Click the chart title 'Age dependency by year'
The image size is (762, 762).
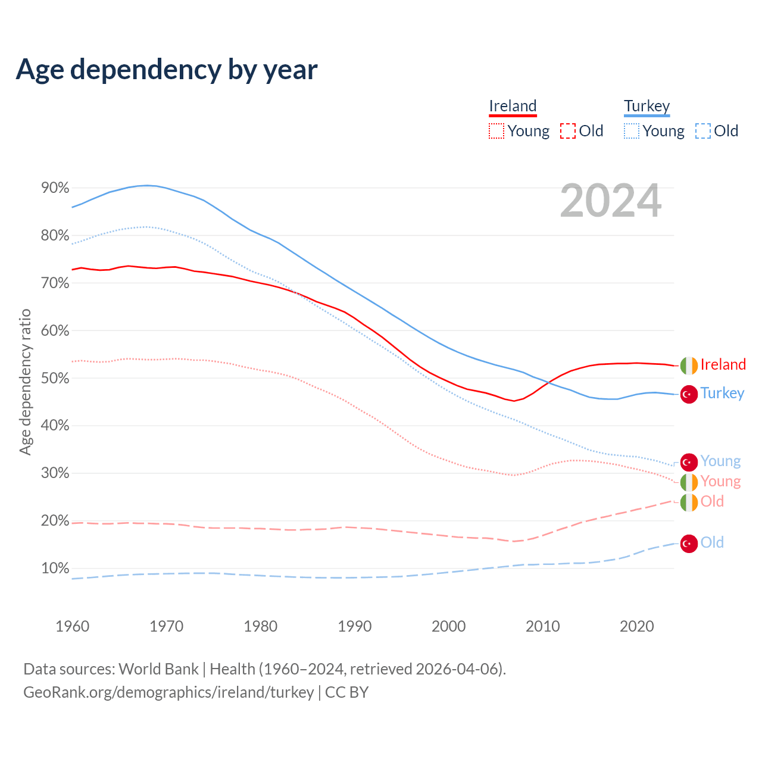[x=167, y=70]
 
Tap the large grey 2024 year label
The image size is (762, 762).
[x=611, y=201]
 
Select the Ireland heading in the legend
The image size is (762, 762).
[x=513, y=106]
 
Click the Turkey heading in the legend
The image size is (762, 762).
[x=647, y=106]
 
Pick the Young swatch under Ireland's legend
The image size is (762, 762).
[x=496, y=131]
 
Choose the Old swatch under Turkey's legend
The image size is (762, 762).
[x=703, y=131]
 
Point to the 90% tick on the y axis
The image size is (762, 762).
[x=55, y=188]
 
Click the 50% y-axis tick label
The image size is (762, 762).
[x=55, y=378]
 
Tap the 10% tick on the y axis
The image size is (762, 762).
[x=55, y=568]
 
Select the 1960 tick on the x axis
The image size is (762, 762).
[x=72, y=626]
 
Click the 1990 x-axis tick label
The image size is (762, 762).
[x=355, y=626]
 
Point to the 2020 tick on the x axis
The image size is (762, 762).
[x=637, y=626]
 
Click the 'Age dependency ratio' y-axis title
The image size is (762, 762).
[x=25, y=382]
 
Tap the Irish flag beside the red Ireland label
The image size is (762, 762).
[x=689, y=365]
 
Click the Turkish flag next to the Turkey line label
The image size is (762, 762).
[x=689, y=394]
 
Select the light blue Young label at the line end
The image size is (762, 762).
[x=720, y=461]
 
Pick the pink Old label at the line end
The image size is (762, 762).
[x=712, y=501]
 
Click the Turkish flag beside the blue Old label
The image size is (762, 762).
[x=689, y=543]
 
